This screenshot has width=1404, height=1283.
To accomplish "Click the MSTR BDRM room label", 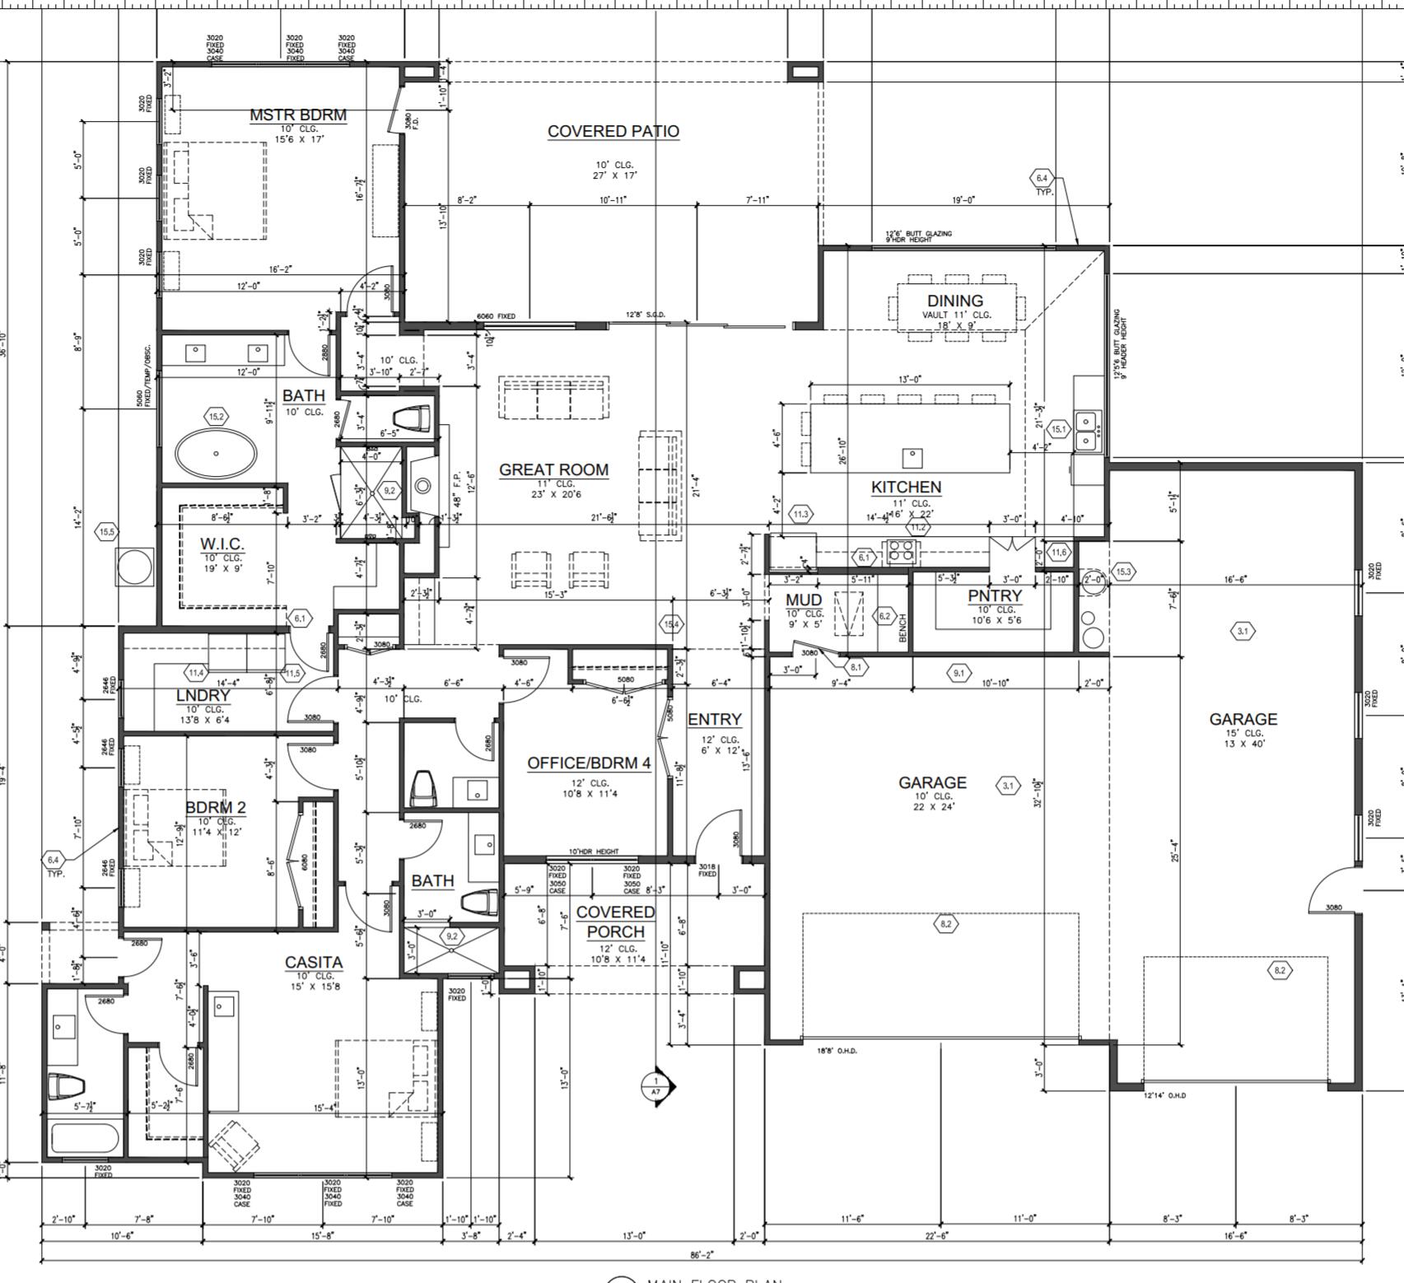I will [298, 115].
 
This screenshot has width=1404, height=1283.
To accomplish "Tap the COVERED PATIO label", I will [613, 132].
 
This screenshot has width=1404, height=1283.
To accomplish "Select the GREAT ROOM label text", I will [553, 470].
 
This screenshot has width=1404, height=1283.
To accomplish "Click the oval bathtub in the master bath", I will [216, 453].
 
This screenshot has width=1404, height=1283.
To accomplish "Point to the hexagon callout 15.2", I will [216, 417].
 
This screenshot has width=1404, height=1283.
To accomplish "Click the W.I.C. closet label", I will [222, 544].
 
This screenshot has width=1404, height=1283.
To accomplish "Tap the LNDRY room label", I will [203, 696].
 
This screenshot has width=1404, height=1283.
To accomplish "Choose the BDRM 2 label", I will [215, 807].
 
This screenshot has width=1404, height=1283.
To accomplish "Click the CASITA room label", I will [314, 962].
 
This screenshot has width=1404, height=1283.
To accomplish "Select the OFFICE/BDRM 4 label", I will [589, 763].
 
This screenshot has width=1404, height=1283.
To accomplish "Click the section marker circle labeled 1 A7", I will [656, 1087].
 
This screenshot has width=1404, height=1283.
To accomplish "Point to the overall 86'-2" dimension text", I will [701, 1256].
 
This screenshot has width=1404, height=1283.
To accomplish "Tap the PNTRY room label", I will [994, 596].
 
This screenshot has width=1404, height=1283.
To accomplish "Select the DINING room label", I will [955, 301].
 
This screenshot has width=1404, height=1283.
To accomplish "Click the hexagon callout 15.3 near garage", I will [1124, 571].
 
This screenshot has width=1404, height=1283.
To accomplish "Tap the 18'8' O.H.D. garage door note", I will [837, 1051].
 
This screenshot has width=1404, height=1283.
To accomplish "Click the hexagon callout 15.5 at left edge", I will [107, 532].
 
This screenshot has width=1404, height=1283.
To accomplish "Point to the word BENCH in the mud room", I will [903, 628].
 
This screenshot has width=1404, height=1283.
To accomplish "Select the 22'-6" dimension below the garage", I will [937, 1235].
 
